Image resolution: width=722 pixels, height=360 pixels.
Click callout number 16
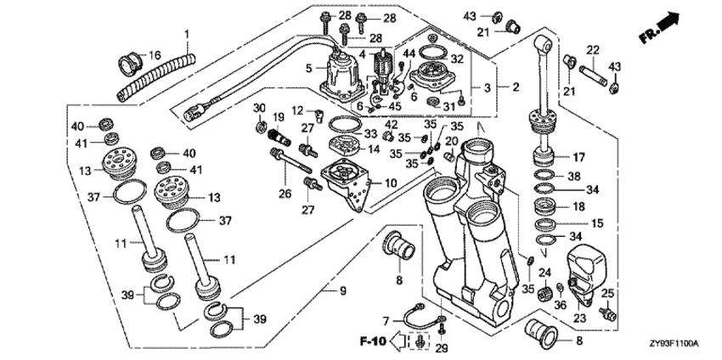point(155,55)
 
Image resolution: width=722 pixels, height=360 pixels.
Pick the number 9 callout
point(343,292)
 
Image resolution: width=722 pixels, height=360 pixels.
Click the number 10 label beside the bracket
point(391,183)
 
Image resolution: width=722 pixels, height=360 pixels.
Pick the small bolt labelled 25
point(606,312)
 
